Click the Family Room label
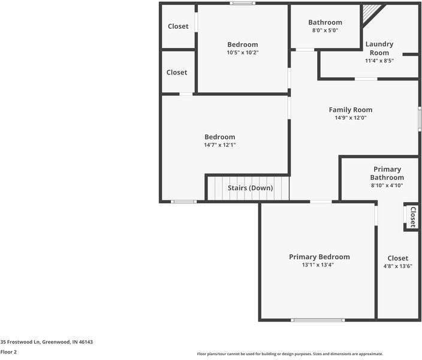[350, 110]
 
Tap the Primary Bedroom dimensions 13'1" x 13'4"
[319, 265]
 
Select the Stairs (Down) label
[250, 188]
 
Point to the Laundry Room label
[379, 48]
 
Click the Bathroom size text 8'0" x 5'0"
[325, 30]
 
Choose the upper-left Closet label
[177, 26]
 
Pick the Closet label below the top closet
[177, 72]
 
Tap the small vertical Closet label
[412, 217]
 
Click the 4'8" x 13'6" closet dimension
[397, 266]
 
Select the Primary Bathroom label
[387, 173]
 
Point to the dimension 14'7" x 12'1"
[219, 145]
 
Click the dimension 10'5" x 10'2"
[242, 52]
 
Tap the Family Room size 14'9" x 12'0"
[350, 118]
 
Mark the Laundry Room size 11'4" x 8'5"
[379, 60]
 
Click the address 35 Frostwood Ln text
[47, 342]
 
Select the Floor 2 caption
[9, 352]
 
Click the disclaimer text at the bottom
[290, 354]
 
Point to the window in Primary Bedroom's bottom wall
[318, 320]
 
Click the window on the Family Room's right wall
[419, 118]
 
